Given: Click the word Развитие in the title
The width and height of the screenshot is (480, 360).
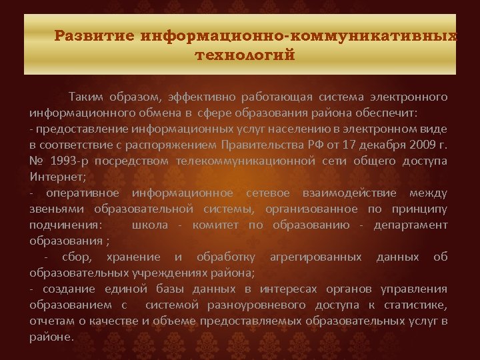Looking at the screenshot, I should click(x=94, y=35).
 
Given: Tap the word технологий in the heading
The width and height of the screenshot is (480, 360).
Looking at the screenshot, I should click(x=245, y=55).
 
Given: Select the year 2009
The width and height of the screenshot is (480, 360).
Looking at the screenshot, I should click(x=422, y=145).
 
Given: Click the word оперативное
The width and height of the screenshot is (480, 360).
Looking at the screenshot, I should click(x=82, y=193).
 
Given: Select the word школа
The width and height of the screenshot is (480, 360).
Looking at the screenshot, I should click(x=150, y=225).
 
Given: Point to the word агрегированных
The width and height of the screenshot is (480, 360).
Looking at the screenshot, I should click(x=315, y=257).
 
